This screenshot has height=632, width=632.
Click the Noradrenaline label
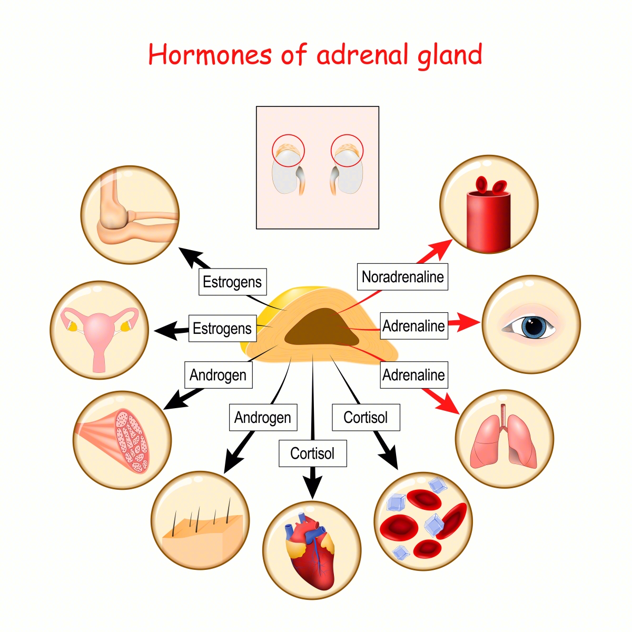point(402,277)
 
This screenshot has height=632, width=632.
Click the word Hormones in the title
point(210,55)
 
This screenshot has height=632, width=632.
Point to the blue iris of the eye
point(532,327)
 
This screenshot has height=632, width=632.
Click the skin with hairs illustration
point(200,521)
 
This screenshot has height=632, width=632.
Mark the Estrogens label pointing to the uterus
point(222,329)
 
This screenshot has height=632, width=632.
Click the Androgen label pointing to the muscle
point(218,375)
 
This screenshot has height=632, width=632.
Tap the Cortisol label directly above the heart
point(313,453)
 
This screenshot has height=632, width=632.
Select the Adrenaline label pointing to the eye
point(414,326)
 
